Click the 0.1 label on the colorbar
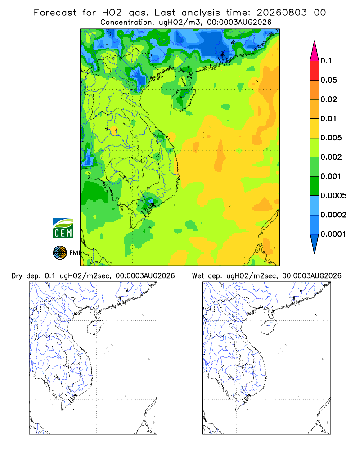click(x=326, y=61)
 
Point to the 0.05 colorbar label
click(x=328, y=80)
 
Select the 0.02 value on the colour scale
click(x=328, y=99)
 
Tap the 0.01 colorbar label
click(x=328, y=118)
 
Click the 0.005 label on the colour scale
click(x=331, y=138)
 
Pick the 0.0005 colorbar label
click(x=333, y=196)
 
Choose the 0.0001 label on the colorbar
click(x=333, y=234)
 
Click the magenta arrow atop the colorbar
click(x=315, y=52)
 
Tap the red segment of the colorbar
click(x=315, y=70)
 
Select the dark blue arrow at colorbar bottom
click(x=315, y=243)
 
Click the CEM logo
click(x=63, y=229)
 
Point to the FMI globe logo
click(x=60, y=253)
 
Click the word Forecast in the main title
click(x=55, y=13)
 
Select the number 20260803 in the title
click(x=282, y=13)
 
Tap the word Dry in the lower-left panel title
click(x=17, y=276)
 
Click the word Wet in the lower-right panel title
click(x=198, y=276)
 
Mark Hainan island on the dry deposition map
click(x=95, y=328)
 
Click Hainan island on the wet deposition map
click(x=269, y=328)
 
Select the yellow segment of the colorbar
click(x=315, y=128)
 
